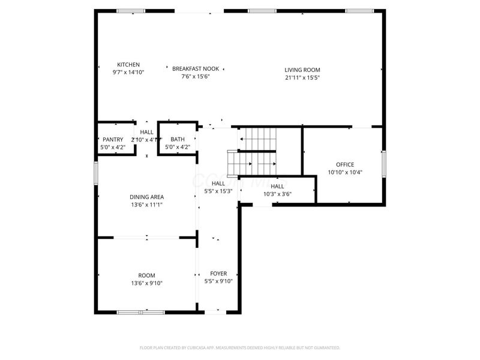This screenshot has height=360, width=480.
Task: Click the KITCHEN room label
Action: point(128,65)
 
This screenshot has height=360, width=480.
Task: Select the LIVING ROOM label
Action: point(302,70)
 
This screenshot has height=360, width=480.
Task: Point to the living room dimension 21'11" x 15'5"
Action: point(302,77)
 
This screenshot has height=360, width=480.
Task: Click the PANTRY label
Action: point(113,140)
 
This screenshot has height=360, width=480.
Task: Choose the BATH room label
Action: point(178,140)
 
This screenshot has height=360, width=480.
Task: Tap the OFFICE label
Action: point(345,165)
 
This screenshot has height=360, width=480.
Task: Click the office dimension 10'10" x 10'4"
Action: point(345,172)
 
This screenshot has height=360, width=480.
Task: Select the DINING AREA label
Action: point(147,197)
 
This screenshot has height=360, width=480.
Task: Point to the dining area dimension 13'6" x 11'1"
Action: point(147,205)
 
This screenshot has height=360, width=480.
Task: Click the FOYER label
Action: point(218,274)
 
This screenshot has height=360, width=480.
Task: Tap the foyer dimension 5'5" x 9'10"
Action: point(218,281)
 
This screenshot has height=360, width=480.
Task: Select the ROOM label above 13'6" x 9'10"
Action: point(147,275)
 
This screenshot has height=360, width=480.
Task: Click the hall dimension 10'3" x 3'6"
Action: point(277,194)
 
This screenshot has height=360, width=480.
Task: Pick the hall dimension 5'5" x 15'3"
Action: point(218,191)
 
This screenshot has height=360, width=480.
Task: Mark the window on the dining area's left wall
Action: point(95,172)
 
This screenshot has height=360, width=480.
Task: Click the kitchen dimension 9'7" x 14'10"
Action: point(128,72)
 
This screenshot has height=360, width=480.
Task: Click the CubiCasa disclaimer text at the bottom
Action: point(240,347)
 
